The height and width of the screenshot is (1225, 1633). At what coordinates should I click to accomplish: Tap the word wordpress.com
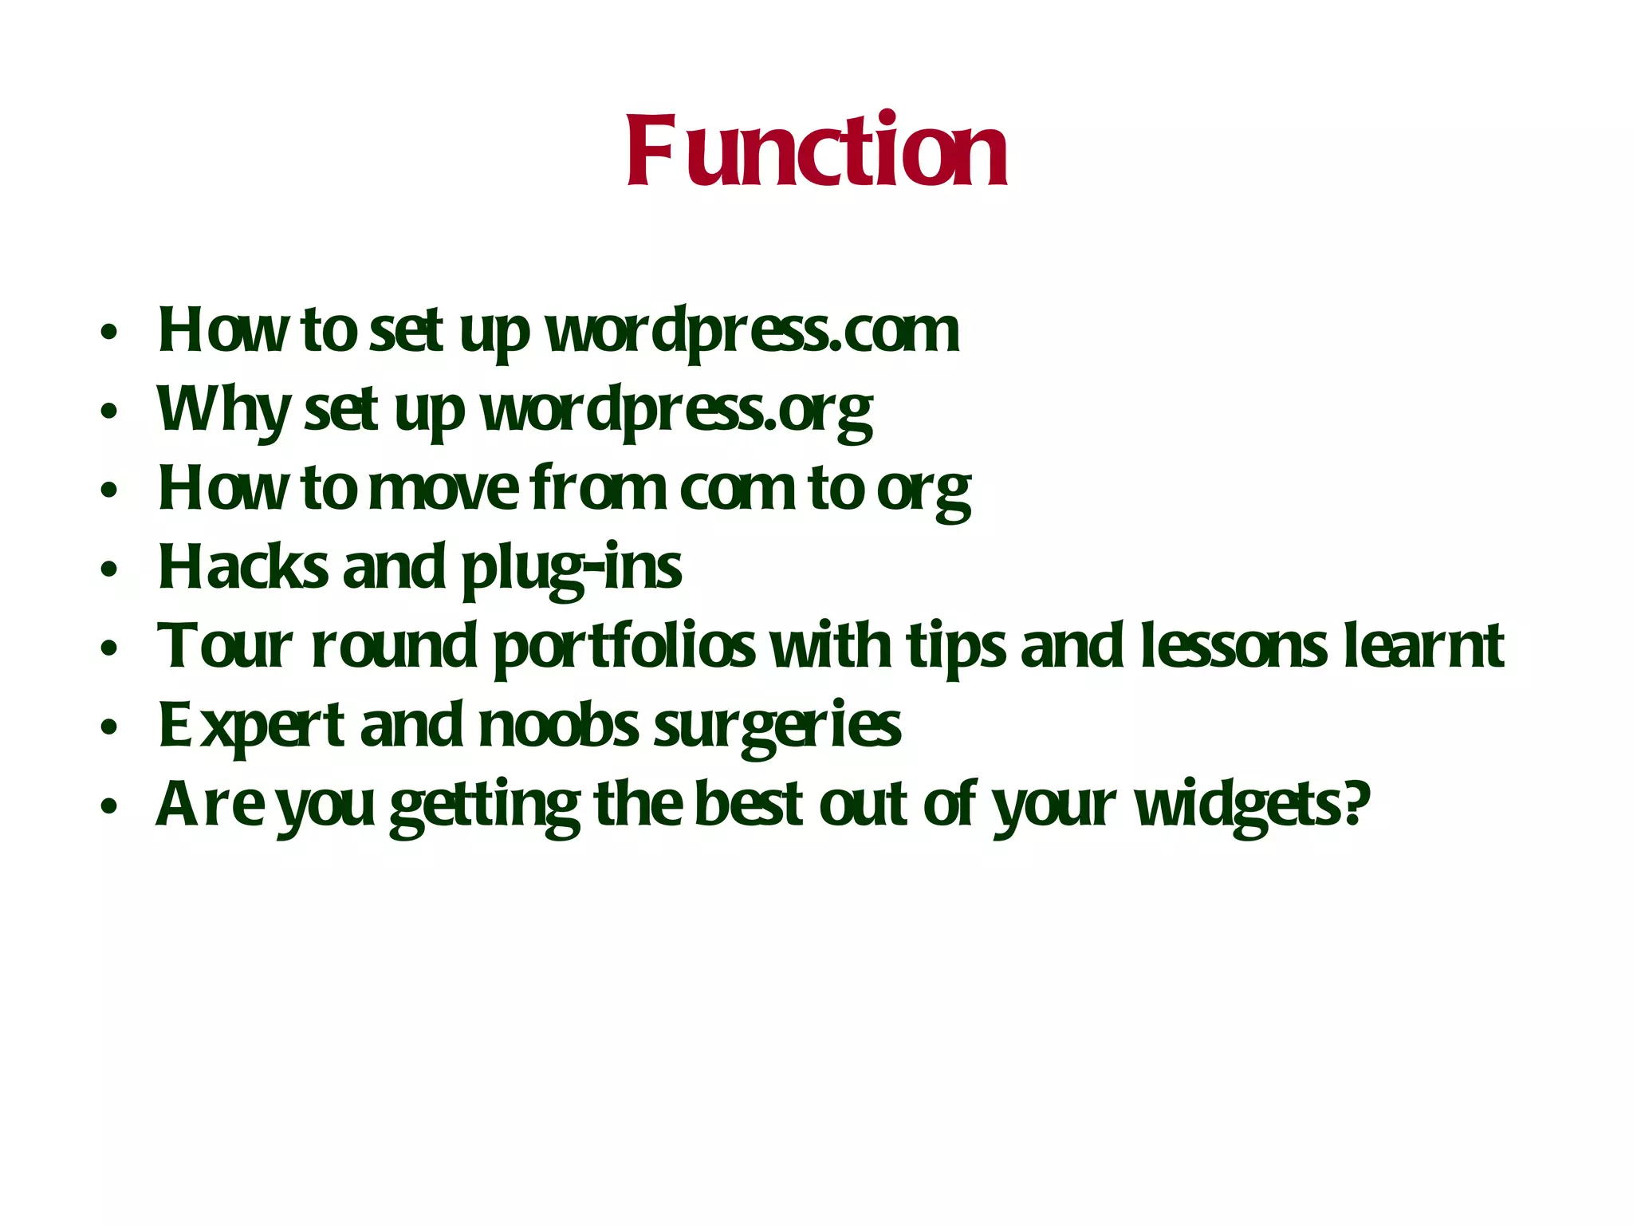pos(752,330)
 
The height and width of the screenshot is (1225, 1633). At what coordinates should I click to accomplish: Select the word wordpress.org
pos(676,410)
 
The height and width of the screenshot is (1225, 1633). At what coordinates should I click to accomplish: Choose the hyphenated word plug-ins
pos(572,567)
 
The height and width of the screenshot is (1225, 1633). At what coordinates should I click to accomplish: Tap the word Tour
pos(225,646)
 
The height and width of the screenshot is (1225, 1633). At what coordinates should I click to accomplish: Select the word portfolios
pos(624,646)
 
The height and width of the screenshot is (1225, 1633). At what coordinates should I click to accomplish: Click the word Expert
pos(251,725)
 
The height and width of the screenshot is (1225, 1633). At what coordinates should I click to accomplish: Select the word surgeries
pos(777,725)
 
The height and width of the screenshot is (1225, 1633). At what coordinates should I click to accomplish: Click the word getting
pos(485,805)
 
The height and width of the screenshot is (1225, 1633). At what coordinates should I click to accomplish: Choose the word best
pos(748,805)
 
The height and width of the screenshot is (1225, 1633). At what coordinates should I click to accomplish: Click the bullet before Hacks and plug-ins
pos(109,569)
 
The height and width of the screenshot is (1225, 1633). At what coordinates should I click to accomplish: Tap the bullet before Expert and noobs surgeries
pos(109,727)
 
